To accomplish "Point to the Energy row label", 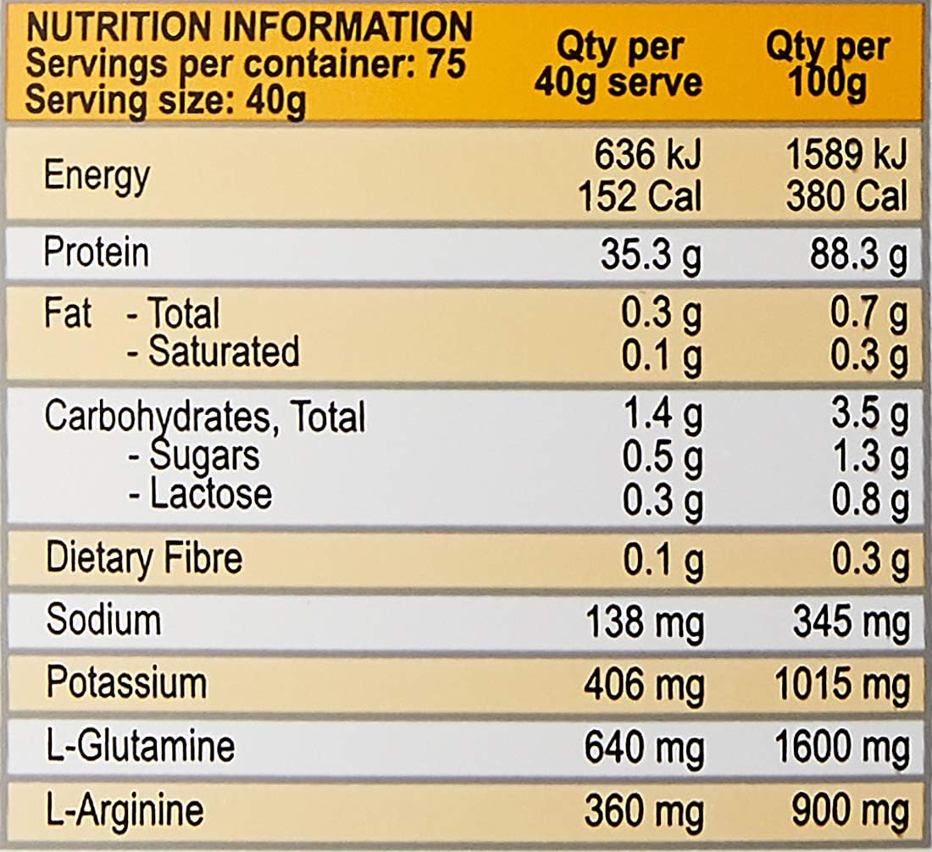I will (97, 176).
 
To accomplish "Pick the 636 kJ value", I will (647, 156).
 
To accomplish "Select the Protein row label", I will (96, 253).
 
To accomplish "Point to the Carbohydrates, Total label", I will (204, 418).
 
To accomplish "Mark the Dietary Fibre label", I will (143, 558).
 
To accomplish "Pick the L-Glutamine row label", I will (140, 746).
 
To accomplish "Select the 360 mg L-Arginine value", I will (644, 812).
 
